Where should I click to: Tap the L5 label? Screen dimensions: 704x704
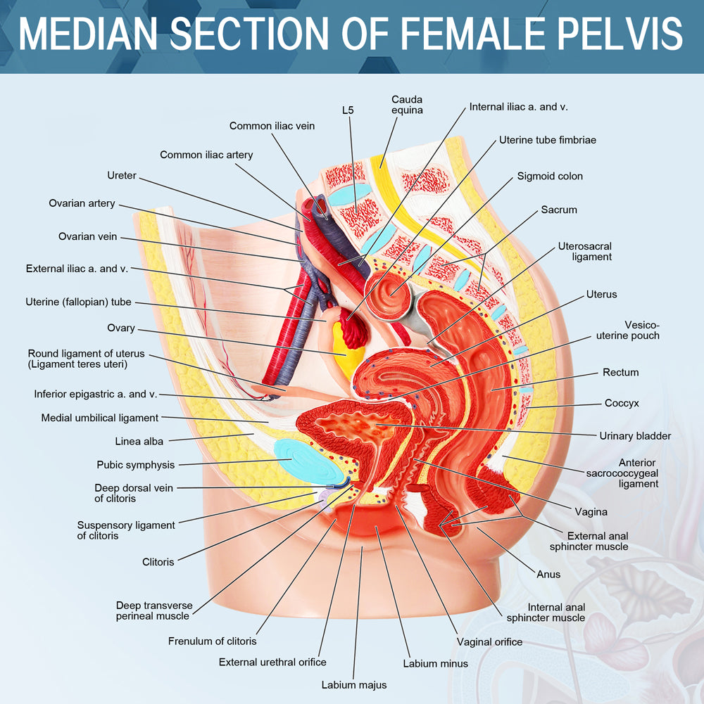coord(348,110)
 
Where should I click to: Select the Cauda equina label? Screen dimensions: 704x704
coord(407,105)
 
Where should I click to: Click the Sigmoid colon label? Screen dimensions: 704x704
coord(550,176)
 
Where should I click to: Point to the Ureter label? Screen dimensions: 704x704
coord(122,175)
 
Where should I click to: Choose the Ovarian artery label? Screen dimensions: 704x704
coord(82,203)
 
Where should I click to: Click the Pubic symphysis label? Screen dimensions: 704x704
coord(135,465)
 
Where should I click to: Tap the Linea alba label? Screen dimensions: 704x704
coord(139,442)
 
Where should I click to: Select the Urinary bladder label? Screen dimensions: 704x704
coord(635,436)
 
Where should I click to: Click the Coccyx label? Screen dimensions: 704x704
coord(622,404)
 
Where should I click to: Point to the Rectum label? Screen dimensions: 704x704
coord(620,372)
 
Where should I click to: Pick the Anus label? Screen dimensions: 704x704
coord(548,575)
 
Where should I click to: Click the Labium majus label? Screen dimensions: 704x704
coord(354,684)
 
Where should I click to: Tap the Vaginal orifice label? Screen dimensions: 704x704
coord(489,641)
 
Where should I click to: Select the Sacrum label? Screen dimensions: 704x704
coord(559,210)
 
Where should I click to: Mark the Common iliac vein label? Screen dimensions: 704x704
coord(272,126)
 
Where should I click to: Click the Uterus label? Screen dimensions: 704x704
coord(601,294)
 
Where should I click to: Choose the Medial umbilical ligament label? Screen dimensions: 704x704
coord(99,418)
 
